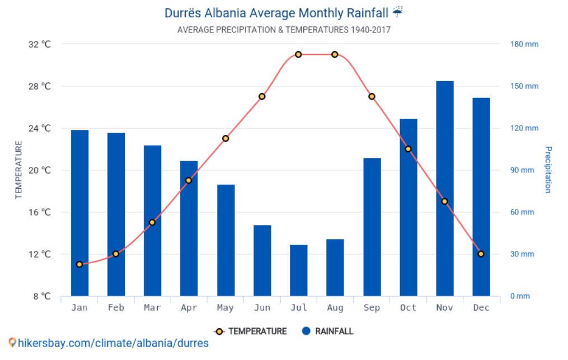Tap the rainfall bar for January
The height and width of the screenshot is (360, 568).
pyautogui.click(x=79, y=213)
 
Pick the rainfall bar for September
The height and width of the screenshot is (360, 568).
pyautogui.click(x=372, y=227)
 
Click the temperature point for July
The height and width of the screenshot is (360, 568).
pyautogui.click(x=298, y=54)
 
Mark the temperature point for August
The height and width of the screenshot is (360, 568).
pyautogui.click(x=335, y=54)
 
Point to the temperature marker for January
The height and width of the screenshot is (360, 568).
pyautogui.click(x=79, y=264)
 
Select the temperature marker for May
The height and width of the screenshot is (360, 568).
pyautogui.click(x=226, y=138)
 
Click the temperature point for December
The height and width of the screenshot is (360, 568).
pyautogui.click(x=481, y=254)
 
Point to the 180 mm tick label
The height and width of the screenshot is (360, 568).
pyautogui.click(x=524, y=44)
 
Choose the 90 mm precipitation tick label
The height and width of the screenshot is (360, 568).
pyautogui.click(x=522, y=170)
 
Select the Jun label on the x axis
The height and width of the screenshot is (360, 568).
pyautogui.click(x=262, y=308)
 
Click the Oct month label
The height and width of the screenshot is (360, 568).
pyautogui.click(x=408, y=308)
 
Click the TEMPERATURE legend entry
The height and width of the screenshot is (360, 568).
pyautogui.click(x=251, y=331)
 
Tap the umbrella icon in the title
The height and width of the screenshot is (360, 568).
pyautogui.click(x=397, y=12)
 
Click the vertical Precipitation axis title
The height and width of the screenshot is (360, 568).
pyautogui.click(x=548, y=170)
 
